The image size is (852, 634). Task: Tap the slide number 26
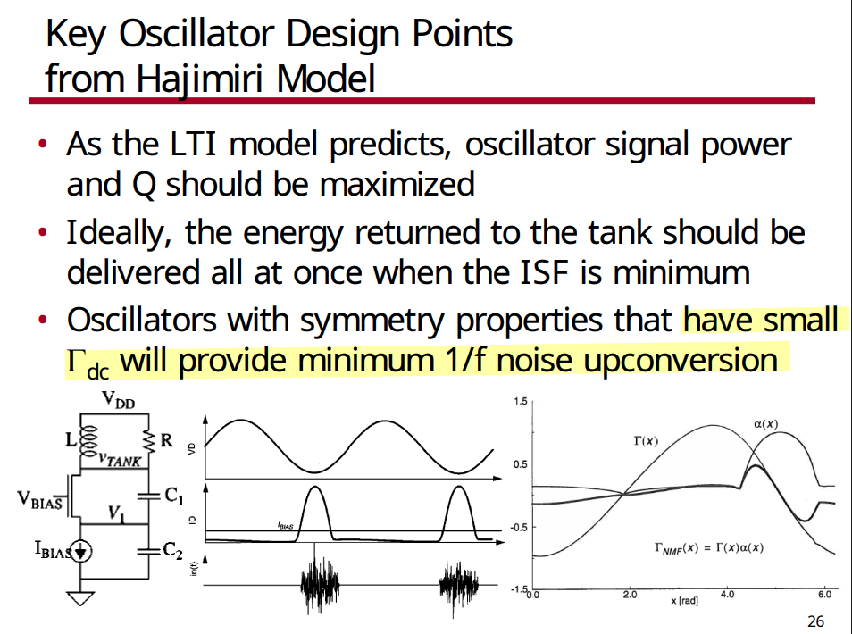point(815,621)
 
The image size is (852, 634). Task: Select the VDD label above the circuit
point(119,400)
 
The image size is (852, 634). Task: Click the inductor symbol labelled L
point(88,440)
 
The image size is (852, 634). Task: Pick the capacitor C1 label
point(174,496)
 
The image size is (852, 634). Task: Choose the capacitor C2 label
point(172,550)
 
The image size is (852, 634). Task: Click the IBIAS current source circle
point(81,552)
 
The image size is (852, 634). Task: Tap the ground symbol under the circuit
point(80,597)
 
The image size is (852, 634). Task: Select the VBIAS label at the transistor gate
point(39,500)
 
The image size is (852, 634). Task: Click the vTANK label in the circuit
point(120,460)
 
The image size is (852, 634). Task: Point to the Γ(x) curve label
point(646,440)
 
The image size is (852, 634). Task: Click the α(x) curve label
point(765,424)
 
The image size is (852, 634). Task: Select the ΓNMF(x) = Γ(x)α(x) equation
point(708,548)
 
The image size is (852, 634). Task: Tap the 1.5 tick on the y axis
point(520,402)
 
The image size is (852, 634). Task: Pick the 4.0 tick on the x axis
point(727,595)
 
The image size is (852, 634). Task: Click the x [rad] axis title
point(684,601)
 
